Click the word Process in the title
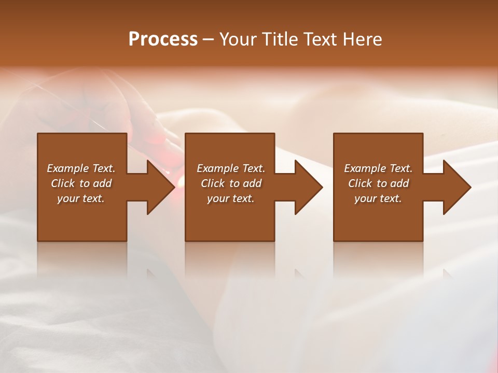[x=163, y=39]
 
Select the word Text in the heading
[x=320, y=39]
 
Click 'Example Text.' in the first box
[x=81, y=168]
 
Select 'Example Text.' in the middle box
[x=231, y=168]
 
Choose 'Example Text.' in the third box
[x=378, y=168]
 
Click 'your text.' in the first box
[x=81, y=198]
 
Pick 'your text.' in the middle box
[x=231, y=198]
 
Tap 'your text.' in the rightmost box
[x=378, y=198]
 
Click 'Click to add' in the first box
[x=81, y=183]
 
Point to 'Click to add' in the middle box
[x=231, y=183]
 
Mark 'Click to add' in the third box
[x=378, y=183]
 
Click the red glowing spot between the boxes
[x=180, y=181]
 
